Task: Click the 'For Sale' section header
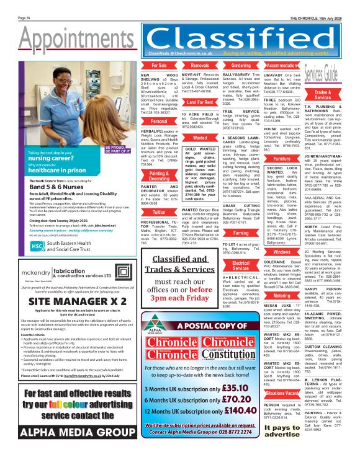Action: coord(158,65)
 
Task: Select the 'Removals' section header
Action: coord(199,65)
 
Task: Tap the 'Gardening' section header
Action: coord(240,65)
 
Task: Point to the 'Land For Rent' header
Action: coord(199,102)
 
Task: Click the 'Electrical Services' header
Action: coord(240,248)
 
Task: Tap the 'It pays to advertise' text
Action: coord(281,431)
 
